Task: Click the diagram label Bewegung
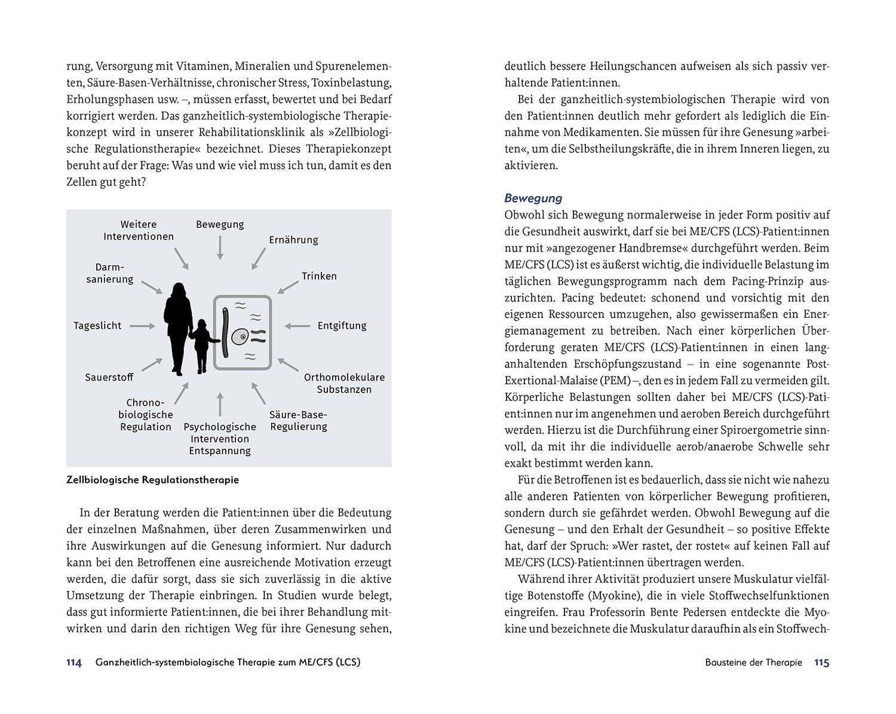pos(220,225)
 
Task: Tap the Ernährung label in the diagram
pos(293,240)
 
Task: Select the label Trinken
pos(319,276)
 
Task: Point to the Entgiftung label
pos(342,326)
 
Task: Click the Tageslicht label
pos(97,326)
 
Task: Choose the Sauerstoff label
pos(109,378)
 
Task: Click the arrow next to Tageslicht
pos(142,326)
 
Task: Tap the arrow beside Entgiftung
pos(297,326)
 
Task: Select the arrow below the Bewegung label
pos(220,247)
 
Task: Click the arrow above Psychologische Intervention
pos(220,405)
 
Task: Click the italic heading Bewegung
pos(533,198)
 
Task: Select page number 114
pos(73,663)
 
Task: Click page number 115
pos(821,663)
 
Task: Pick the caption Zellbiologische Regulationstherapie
pos(152,480)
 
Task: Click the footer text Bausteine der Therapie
pos(753,663)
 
